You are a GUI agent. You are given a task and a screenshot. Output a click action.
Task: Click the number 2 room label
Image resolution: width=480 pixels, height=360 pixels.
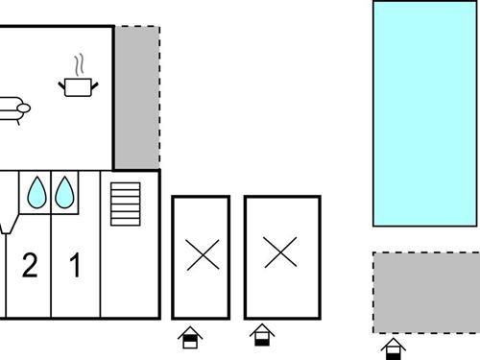(x=30, y=266)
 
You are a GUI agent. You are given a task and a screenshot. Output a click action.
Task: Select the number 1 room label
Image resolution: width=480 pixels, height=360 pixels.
(x=75, y=266)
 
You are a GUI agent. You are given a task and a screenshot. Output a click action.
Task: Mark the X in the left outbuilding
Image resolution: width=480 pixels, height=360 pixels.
(x=202, y=254)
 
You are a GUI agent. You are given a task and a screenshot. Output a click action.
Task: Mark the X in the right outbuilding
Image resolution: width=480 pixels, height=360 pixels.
(x=280, y=253)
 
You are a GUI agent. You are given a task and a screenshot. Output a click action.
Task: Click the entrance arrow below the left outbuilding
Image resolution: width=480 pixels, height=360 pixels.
(x=190, y=337)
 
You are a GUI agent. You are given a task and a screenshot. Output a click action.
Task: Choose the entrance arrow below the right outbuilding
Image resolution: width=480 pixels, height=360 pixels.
(x=261, y=335)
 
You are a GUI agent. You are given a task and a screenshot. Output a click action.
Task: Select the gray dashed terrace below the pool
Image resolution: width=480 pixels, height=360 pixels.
(x=425, y=292)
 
